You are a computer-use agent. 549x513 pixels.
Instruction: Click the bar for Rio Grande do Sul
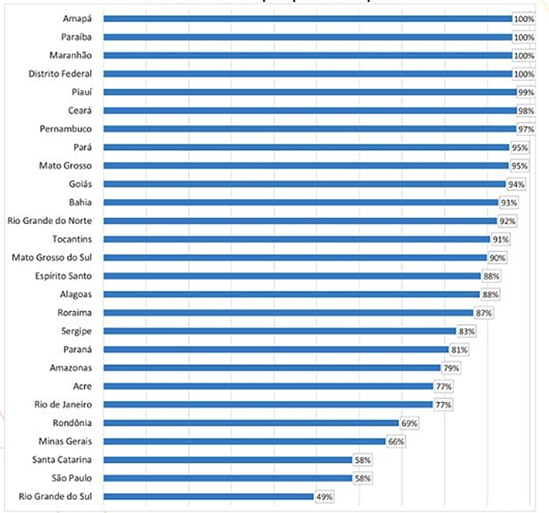tap(208, 496)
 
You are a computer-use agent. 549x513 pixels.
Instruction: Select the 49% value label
tap(323, 497)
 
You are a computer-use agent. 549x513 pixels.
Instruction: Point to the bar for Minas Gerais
tap(243, 441)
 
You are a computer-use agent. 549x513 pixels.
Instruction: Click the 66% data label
tap(395, 441)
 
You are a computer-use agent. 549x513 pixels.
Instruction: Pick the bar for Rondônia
tap(250, 423)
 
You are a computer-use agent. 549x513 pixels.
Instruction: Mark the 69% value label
tap(408, 423)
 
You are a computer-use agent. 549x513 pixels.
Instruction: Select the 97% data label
tap(525, 129)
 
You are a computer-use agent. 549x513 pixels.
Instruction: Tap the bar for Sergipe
tap(279, 331)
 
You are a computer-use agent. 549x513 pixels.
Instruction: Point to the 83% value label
tap(467, 331)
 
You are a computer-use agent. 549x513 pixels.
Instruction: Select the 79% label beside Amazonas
tap(451, 368)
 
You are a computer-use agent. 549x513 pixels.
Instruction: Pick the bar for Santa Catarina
tap(227, 459)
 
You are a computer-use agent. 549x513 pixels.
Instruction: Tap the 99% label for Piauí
tap(525, 92)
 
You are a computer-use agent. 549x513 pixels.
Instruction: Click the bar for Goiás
tap(304, 184)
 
